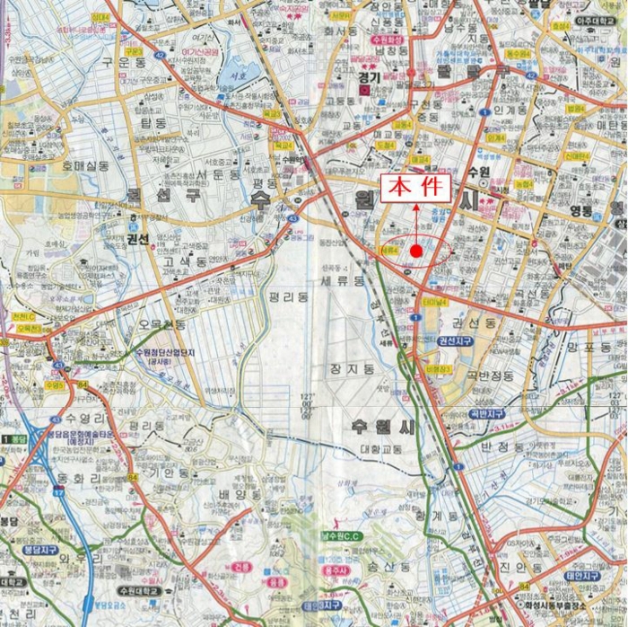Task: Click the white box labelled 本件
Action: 416,187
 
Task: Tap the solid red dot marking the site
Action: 416,249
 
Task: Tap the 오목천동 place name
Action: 162,324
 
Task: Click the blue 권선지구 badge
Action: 454,342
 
